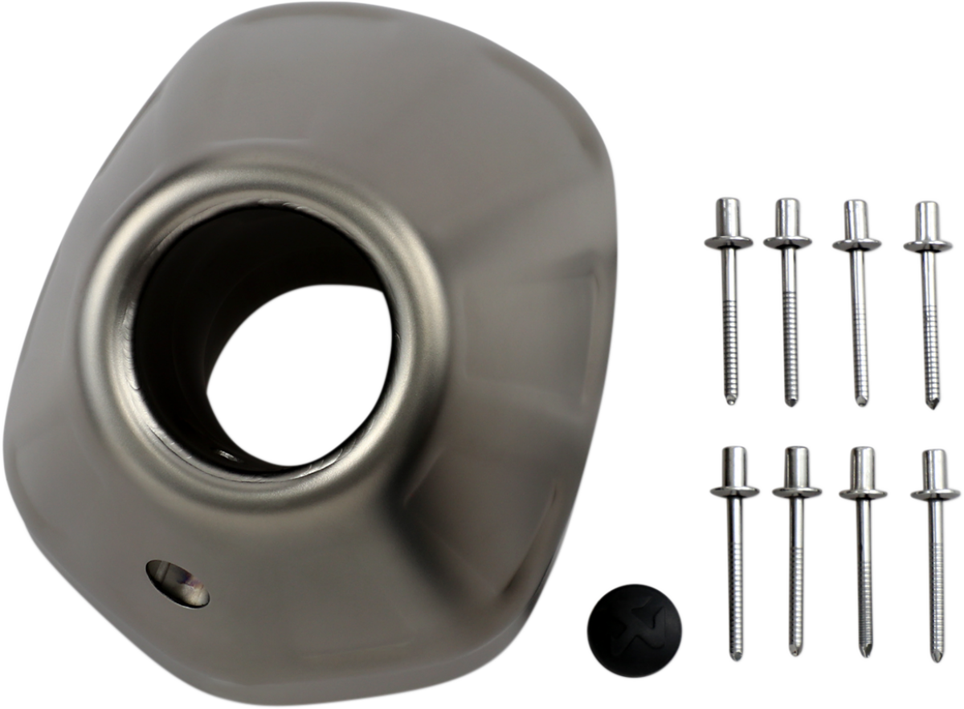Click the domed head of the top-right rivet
click(928, 213)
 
